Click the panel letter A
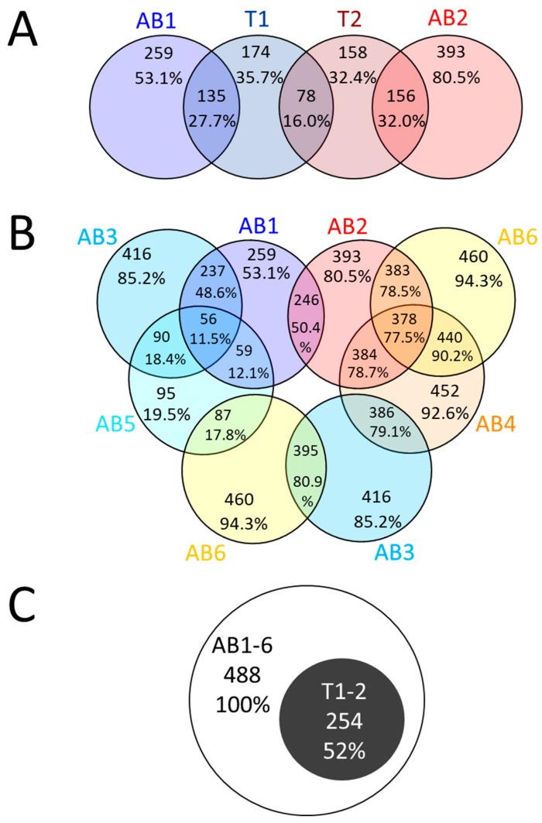(28, 34)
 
